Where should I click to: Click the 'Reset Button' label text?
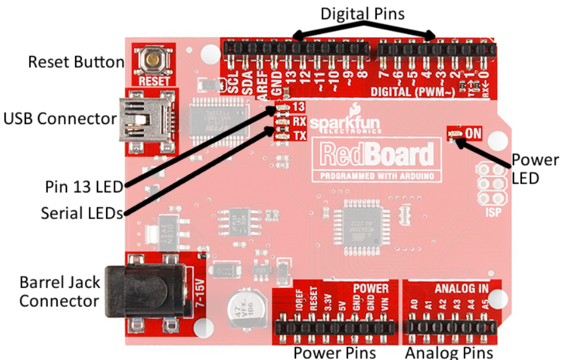click(76, 62)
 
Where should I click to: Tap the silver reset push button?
click(153, 61)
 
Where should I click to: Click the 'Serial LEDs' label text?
click(82, 213)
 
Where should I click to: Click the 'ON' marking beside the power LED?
click(474, 132)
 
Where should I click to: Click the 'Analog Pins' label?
click(449, 353)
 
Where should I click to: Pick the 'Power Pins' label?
click(335, 353)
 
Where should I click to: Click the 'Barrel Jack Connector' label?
click(60, 292)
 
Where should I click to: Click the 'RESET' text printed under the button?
click(153, 81)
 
